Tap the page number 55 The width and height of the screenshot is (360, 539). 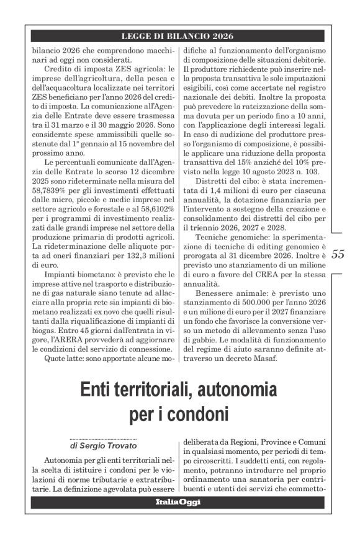point(339,254)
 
